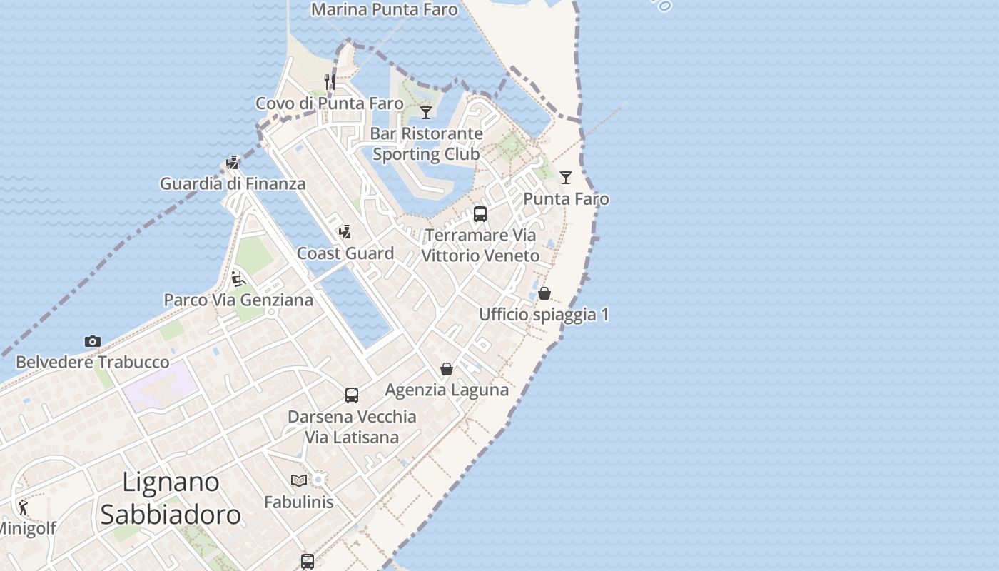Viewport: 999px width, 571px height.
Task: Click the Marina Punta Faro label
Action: [x=384, y=9]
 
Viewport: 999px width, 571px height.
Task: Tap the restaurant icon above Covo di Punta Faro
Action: [x=330, y=81]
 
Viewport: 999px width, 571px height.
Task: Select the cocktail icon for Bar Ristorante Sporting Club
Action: [x=426, y=112]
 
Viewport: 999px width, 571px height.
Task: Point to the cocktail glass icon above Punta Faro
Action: [x=566, y=177]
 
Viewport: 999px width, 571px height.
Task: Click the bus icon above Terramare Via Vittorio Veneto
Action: [x=480, y=214]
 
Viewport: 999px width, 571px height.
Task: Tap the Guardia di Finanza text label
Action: [x=233, y=183]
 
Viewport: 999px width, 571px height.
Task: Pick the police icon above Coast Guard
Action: [x=345, y=232]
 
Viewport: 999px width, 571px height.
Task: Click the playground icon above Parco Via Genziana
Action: [x=238, y=278]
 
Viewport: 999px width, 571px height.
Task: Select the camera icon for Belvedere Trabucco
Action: [x=93, y=341]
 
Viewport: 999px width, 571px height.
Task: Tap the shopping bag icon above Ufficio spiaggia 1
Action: [x=544, y=293]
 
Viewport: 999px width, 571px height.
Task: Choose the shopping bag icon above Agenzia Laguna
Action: [x=447, y=369]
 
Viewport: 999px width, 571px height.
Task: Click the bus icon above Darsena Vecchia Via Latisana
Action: [x=352, y=395]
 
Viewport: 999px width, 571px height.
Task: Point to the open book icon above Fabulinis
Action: [x=299, y=480]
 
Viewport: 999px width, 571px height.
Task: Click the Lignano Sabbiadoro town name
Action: [x=171, y=498]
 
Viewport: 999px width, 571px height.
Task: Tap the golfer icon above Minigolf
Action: [x=24, y=507]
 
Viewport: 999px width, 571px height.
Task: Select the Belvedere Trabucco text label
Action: [x=93, y=362]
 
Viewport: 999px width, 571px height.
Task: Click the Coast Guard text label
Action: [x=345, y=253]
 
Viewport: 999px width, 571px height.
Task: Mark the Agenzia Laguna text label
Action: [x=447, y=390]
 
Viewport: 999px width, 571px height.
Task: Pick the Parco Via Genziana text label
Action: [x=238, y=300]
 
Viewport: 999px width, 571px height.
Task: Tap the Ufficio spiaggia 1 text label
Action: [x=544, y=315]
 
